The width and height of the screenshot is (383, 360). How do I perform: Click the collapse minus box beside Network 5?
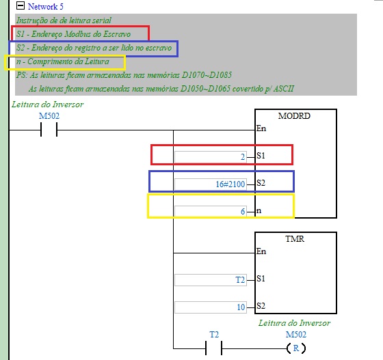pyautogui.click(x=21, y=5)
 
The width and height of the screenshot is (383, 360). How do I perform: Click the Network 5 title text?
pyautogui.click(x=45, y=7)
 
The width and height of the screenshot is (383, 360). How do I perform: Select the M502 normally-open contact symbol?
pyautogui.click(x=49, y=130)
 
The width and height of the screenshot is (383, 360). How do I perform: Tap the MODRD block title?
pyautogui.click(x=294, y=116)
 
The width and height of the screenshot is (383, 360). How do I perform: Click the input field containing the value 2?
pyautogui.click(x=211, y=157)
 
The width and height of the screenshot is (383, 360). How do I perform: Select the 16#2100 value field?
pyautogui.click(x=211, y=184)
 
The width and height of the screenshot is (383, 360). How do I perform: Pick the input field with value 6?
pyautogui.click(x=211, y=212)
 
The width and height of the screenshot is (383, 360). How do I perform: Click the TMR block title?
pyautogui.click(x=295, y=239)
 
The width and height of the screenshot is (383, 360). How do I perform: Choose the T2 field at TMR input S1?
pyautogui.click(x=211, y=280)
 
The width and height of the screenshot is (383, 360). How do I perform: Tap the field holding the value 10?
pyautogui.click(x=211, y=307)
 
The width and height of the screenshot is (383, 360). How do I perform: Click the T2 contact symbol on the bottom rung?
pyautogui.click(x=213, y=348)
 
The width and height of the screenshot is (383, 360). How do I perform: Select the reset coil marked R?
pyautogui.click(x=296, y=348)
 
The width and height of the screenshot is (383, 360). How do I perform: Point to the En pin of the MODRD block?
pyautogui.click(x=261, y=128)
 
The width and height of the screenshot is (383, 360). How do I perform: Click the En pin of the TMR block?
pyautogui.click(x=261, y=251)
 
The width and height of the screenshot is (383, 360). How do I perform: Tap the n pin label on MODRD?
pyautogui.click(x=259, y=210)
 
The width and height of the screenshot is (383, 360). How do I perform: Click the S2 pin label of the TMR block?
pyautogui.click(x=261, y=306)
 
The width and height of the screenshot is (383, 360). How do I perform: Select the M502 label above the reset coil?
pyautogui.click(x=295, y=335)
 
